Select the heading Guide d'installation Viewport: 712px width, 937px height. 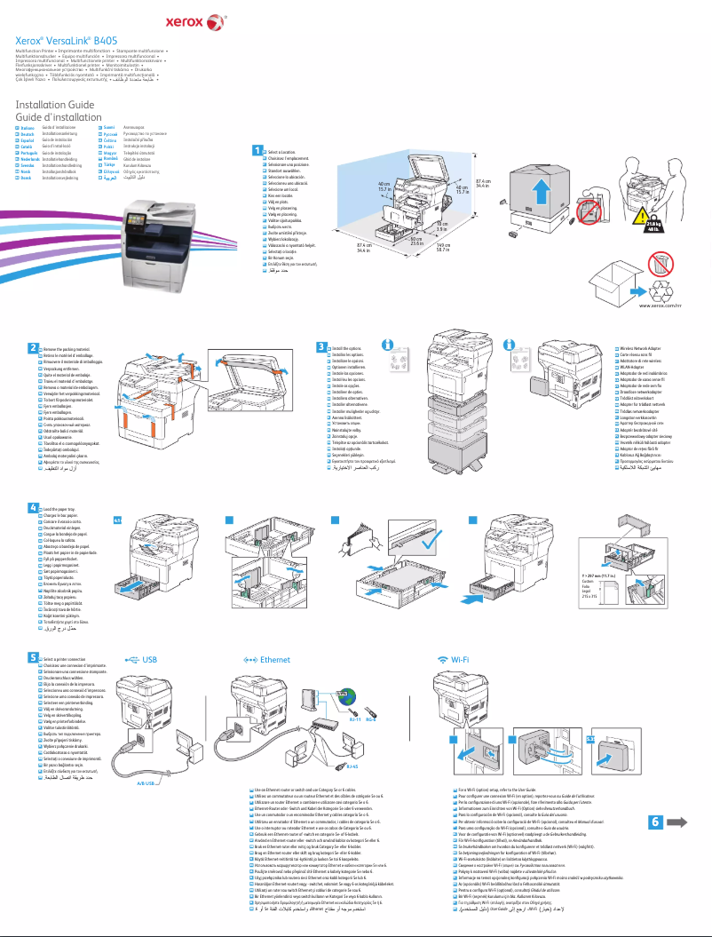[59, 116]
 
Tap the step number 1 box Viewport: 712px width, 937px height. [257, 152]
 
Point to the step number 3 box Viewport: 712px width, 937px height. [321, 345]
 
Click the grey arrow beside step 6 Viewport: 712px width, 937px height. [677, 822]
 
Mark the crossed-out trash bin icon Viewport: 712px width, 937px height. [660, 263]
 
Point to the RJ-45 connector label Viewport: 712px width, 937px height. [352, 764]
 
